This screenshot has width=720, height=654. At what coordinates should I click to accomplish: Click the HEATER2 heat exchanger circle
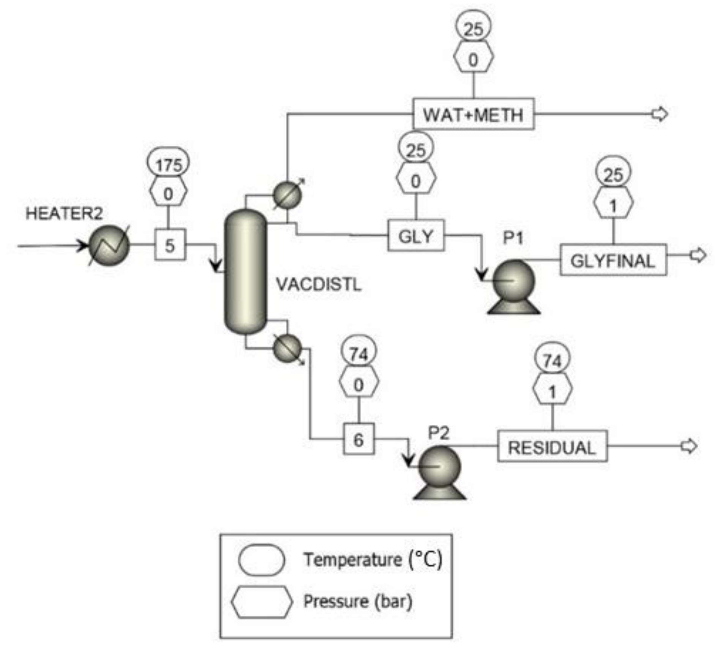point(109,246)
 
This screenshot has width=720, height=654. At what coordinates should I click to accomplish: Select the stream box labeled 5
point(170,245)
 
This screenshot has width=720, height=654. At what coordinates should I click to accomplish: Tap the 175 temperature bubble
point(168,164)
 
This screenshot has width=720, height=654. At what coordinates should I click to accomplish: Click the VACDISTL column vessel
point(245,272)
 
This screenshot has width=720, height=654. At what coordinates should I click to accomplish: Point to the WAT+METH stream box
point(473,114)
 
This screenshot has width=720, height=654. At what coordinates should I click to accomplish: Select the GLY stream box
point(416,236)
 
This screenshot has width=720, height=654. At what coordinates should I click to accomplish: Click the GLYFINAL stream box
point(613,261)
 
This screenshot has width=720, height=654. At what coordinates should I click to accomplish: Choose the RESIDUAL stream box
point(552,447)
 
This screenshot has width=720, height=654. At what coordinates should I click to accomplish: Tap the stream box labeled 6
point(358,439)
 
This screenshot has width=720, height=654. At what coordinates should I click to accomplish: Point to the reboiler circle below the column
point(287,348)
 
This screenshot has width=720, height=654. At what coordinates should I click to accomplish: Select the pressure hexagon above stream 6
point(358,384)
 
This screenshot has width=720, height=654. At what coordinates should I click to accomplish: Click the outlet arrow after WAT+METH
point(660,114)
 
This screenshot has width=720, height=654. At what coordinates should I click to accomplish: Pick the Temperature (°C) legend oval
point(261,560)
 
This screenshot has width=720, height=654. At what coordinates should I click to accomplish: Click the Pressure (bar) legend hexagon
point(262,602)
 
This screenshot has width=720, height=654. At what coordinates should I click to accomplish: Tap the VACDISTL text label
point(318,284)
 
